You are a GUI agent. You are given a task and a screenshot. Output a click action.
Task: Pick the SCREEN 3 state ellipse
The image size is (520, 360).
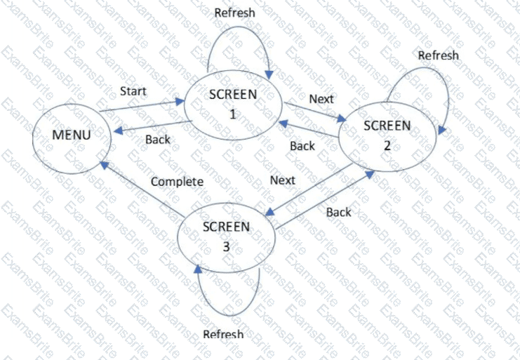pos(226,234)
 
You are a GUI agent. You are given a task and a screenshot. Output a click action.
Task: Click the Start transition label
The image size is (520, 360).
pos(133,91)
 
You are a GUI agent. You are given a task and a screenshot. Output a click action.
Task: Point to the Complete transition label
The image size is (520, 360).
pos(178,182)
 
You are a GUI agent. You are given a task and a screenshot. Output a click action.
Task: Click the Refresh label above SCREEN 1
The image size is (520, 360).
pos(234,13)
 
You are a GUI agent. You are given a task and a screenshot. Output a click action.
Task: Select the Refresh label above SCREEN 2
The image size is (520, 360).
pos(438,55)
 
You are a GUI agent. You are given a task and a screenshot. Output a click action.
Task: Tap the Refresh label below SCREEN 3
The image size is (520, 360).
pos(223,334)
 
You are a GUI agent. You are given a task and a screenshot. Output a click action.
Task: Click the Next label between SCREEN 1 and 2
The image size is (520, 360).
pos(321,99)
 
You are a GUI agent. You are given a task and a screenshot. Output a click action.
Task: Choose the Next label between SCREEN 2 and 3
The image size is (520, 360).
pos(283,180)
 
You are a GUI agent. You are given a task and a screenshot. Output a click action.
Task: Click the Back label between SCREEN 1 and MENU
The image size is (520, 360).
pos(158,140)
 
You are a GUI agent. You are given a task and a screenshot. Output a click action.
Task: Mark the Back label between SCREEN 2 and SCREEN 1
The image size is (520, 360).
pos(302,146)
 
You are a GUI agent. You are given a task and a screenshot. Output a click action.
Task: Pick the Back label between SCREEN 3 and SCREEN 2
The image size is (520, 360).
pos(338,211)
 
